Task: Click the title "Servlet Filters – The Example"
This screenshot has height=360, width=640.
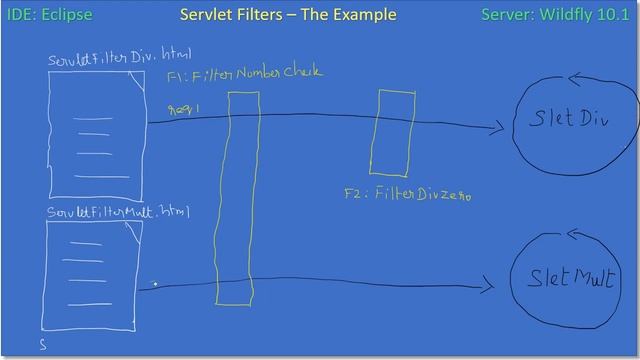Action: [x=288, y=14]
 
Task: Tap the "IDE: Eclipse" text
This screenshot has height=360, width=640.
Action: [x=50, y=15]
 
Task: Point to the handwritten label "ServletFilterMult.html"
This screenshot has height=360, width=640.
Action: [x=118, y=212]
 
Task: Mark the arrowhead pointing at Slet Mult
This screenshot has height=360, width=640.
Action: [x=487, y=287]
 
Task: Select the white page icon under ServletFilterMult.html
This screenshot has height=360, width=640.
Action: [x=91, y=276]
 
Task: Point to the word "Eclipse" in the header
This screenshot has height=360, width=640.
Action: [x=68, y=15]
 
